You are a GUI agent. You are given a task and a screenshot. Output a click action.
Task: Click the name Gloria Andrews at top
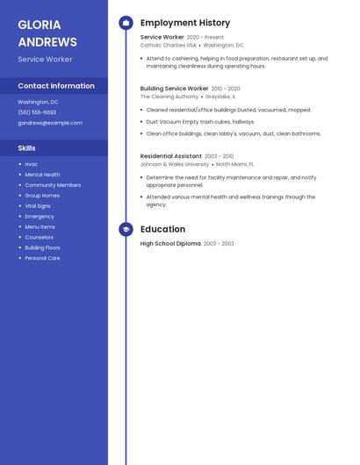pos(47,33)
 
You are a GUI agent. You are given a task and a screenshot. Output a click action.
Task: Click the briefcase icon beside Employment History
pos(126,23)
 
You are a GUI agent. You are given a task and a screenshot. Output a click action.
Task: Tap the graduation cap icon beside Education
pos(126,230)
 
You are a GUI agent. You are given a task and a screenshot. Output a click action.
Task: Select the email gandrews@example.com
pos(50,123)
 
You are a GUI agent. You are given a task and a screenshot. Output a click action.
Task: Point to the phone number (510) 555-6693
pos(37,112)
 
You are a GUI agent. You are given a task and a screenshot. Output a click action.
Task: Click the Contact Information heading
pos(56,86)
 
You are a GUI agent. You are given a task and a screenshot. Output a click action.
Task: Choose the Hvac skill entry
pos(32,164)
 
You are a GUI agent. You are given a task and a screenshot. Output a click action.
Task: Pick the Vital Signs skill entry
pos(38,206)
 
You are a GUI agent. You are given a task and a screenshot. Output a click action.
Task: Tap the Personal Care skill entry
pos(42,258)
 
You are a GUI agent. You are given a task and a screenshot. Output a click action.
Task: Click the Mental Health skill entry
pos(42,175)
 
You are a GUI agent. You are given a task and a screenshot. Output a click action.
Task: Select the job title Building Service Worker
pos(174,89)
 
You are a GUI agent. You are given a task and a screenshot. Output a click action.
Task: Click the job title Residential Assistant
pos(170,155)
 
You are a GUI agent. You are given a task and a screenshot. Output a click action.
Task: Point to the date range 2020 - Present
pos(205,38)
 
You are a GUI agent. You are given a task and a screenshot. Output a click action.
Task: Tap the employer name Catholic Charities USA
pos(168,46)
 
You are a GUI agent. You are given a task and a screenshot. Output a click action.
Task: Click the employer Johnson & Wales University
pos(175,164)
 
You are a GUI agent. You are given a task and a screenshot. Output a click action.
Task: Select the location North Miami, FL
pos(234,164)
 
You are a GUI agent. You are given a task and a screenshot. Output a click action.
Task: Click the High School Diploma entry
pos(170,243)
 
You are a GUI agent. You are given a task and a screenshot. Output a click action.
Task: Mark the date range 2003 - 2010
pos(220,156)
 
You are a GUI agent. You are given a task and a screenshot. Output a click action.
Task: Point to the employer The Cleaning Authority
pos(169,97)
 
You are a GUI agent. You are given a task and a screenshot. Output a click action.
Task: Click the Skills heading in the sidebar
pos(27,148)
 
